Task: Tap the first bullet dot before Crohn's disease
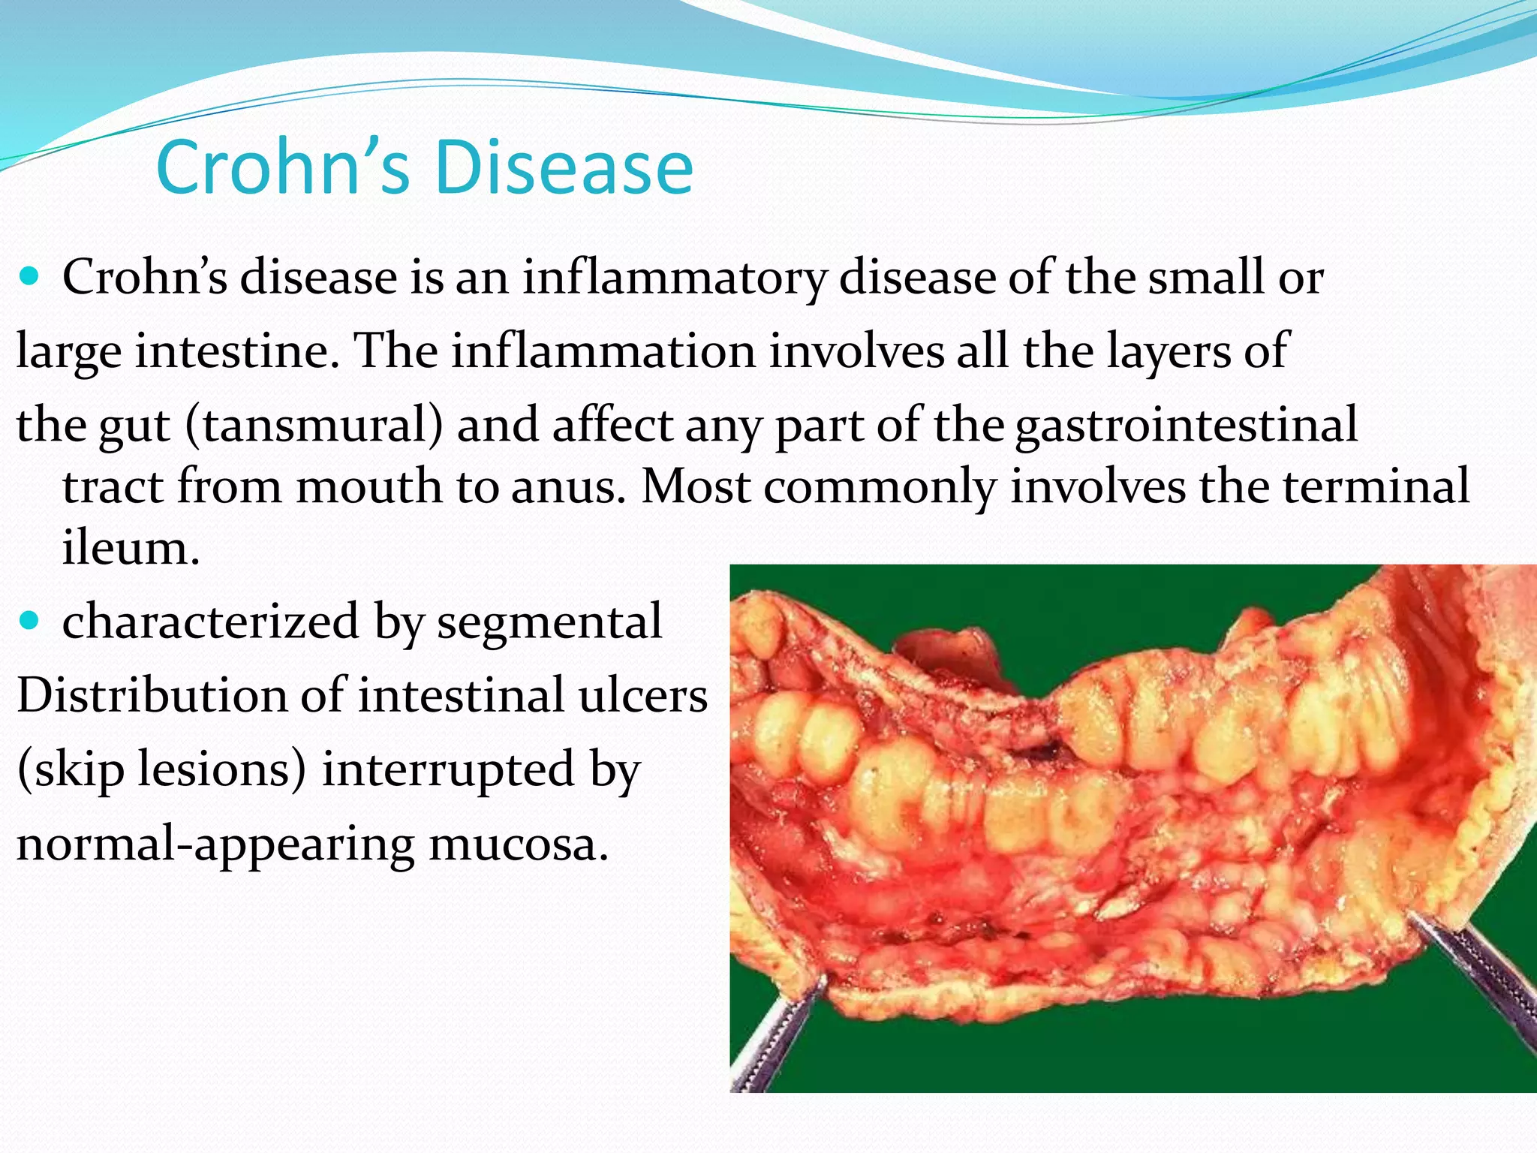30,278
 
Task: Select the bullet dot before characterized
30,622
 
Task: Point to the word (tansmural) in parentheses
314,426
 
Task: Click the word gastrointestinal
1186,426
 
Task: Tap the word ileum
131,547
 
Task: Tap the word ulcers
642,695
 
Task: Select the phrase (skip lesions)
161,770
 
